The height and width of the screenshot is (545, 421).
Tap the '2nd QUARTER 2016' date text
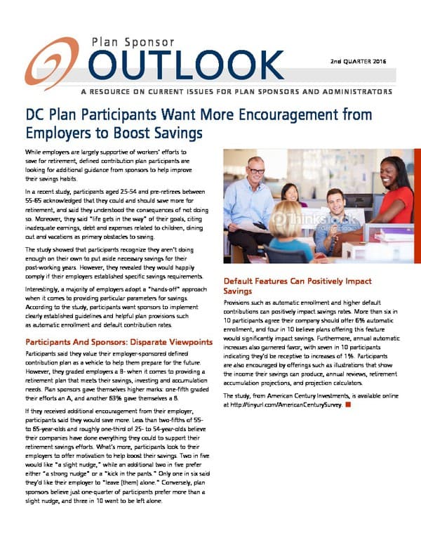pos(359,62)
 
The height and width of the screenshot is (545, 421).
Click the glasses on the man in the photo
pos(257,171)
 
